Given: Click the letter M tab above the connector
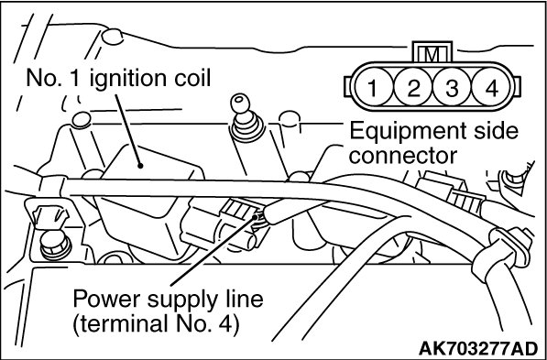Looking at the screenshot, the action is click(x=432, y=52).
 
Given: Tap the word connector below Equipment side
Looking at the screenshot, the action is click(x=402, y=156).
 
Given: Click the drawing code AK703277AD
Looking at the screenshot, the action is click(x=478, y=347).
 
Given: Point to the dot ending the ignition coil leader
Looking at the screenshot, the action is click(x=140, y=166).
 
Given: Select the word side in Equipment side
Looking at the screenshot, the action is click(x=496, y=131).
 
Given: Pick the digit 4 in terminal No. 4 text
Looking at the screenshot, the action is click(x=230, y=324).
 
